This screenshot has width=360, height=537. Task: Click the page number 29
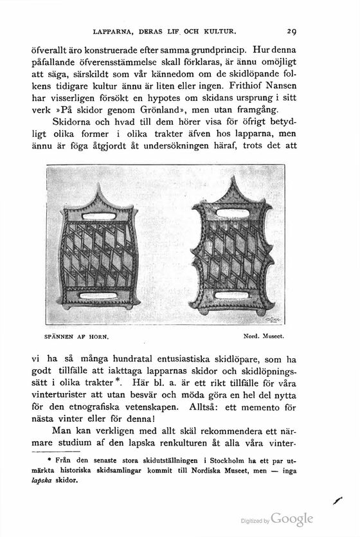(x=291, y=30)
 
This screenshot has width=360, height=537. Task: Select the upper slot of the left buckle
(x=98, y=216)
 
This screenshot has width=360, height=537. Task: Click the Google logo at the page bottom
(x=292, y=519)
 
